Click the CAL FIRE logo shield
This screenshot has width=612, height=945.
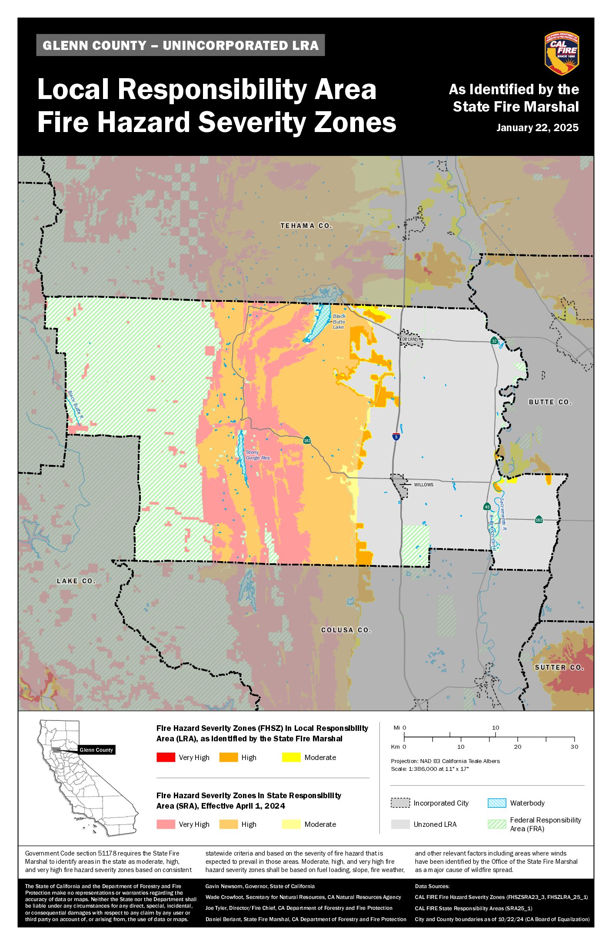point(561,53)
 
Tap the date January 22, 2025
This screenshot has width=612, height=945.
point(537,128)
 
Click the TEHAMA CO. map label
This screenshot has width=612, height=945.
point(306,226)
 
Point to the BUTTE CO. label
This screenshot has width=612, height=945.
point(550,402)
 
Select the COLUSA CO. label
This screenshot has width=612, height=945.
point(346,630)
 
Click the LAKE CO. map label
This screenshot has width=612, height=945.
point(76,581)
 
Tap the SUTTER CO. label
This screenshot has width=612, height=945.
point(559,667)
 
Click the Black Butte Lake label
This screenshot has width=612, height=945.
point(339,322)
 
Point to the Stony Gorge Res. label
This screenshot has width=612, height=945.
point(258,455)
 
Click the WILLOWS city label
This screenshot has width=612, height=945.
point(423,485)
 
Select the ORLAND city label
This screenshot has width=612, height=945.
point(409,340)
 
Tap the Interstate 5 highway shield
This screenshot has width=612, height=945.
point(396,437)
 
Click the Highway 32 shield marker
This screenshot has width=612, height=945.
point(494,341)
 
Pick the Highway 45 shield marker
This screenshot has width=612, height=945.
point(487,507)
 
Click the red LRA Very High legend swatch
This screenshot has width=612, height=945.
point(166,757)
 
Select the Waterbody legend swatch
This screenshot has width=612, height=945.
point(497,803)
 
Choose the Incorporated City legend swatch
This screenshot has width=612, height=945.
point(400,803)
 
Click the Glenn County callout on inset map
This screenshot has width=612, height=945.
point(96,750)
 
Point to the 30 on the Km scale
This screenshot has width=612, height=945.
point(574,747)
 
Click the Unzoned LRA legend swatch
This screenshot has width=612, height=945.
point(400,824)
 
